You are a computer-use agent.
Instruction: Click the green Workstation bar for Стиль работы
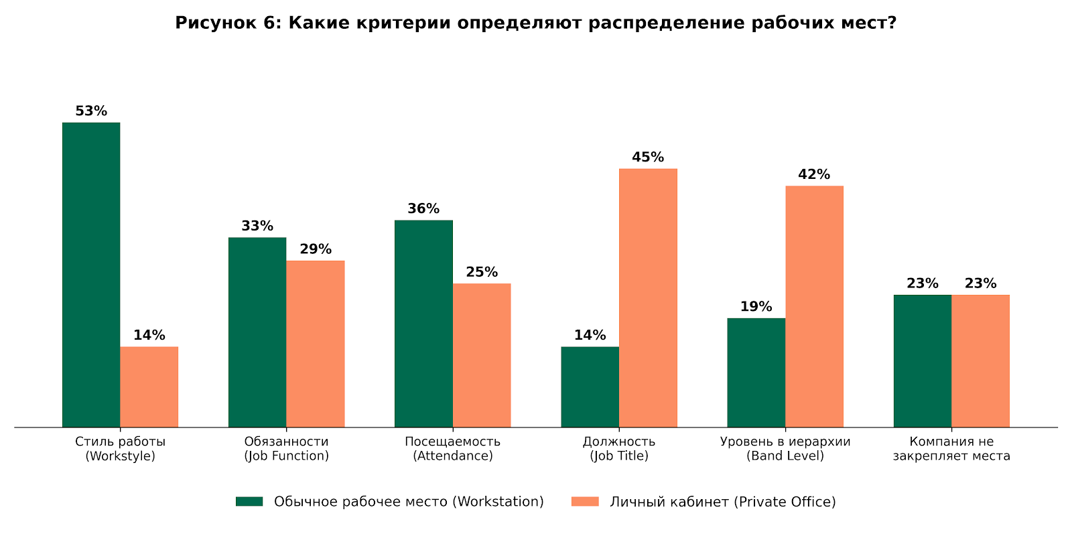(x=91, y=275)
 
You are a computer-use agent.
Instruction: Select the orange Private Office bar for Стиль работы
(x=149, y=387)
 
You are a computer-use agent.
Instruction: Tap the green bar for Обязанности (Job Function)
(x=257, y=332)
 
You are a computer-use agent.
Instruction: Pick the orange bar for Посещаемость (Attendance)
(x=482, y=355)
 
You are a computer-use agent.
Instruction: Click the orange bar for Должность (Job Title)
(x=648, y=297)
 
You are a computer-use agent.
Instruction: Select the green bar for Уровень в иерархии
(x=756, y=373)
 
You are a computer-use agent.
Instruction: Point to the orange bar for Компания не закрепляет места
(x=980, y=360)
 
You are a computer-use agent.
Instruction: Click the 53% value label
(x=91, y=111)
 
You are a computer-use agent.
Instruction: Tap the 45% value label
(x=648, y=157)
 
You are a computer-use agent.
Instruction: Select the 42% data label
(x=814, y=175)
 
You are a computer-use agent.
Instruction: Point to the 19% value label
(x=756, y=307)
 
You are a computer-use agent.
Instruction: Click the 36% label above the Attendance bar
(x=423, y=209)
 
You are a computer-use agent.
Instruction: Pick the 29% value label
(x=316, y=249)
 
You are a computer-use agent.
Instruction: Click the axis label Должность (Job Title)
(x=619, y=449)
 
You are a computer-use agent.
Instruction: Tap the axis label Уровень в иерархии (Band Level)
(x=785, y=449)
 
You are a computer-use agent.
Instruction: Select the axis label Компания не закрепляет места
(x=951, y=449)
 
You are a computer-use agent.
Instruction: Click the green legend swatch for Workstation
(x=249, y=502)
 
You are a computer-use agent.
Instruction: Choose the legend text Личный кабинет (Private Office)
(x=722, y=502)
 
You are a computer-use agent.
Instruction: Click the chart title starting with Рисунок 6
(x=536, y=23)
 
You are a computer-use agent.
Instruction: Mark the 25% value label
(x=482, y=273)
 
